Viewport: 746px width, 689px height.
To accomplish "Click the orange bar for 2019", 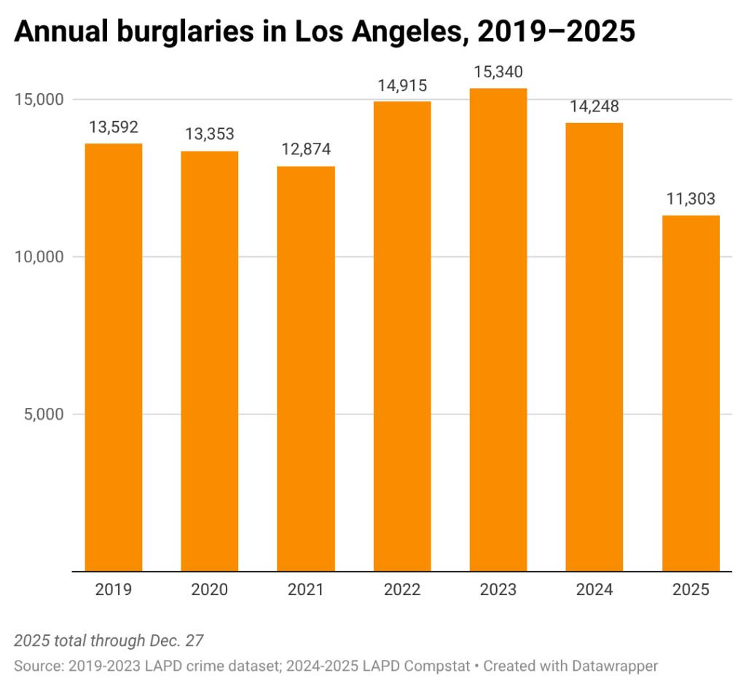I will pyautogui.click(x=114, y=357).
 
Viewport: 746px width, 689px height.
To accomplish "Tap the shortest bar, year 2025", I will pyautogui.click(x=690, y=393).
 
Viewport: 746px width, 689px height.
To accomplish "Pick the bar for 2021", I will pyautogui.click(x=305, y=369).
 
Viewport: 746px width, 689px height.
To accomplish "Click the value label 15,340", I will pyautogui.click(x=498, y=72).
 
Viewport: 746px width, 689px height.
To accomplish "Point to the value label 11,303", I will pyautogui.click(x=690, y=199).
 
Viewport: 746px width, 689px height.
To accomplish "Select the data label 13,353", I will pyautogui.click(x=210, y=135).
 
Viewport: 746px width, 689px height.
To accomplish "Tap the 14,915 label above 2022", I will pyautogui.click(x=401, y=85).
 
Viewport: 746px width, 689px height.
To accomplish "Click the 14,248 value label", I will pyautogui.click(x=594, y=106).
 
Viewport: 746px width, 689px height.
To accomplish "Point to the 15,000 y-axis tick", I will pyautogui.click(x=39, y=100).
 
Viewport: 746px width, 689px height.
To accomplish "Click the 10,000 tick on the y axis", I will pyautogui.click(x=39, y=257).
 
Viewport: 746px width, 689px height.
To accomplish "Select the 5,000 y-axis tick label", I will pyautogui.click(x=43, y=414).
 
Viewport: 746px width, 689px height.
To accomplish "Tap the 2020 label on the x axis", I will pyautogui.click(x=210, y=590).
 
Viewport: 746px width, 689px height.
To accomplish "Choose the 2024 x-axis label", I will pyautogui.click(x=594, y=590).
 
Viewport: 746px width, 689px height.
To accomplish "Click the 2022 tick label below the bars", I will pyautogui.click(x=401, y=590).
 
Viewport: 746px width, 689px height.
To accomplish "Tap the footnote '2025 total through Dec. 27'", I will pyautogui.click(x=109, y=641).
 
